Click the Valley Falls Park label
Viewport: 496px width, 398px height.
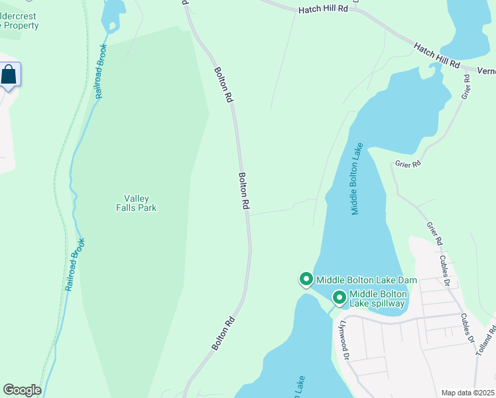(140, 203)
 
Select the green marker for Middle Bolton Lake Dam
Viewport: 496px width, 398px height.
(306, 280)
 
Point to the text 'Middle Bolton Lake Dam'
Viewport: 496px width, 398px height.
(366, 281)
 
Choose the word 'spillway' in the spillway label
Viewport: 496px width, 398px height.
(387, 304)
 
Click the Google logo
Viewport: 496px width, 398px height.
(22, 390)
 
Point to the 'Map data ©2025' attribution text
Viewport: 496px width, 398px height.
(467, 393)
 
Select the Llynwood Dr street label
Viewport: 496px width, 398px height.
(344, 339)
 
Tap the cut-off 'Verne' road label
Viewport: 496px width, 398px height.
(485, 70)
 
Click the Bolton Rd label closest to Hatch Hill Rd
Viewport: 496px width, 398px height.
(223, 84)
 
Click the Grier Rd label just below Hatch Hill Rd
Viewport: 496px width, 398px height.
(466, 87)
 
